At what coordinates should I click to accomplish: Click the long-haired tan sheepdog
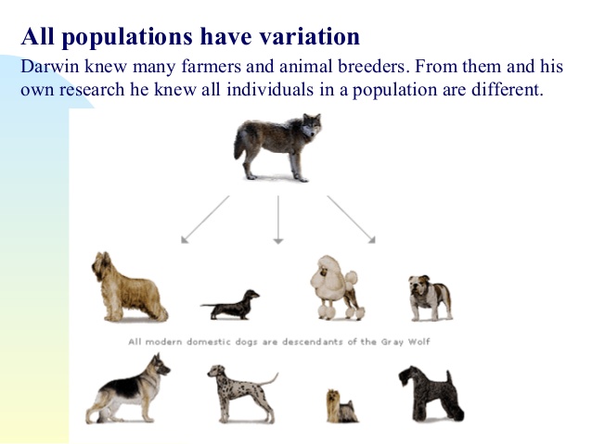128,287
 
